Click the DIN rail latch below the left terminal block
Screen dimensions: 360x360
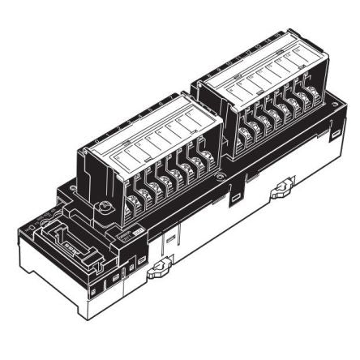157,270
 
